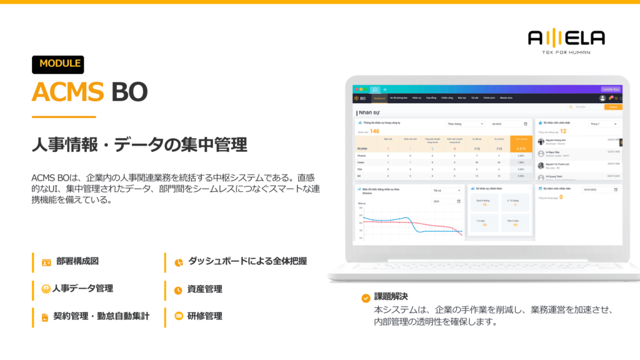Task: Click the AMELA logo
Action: coord(566,39)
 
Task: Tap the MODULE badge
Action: coord(58,64)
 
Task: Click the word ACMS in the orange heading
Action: coord(67,92)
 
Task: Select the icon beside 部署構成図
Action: coord(46,262)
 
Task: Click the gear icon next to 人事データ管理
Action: coord(46,289)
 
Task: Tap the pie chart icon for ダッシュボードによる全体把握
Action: coord(178,262)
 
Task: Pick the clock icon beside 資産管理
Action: coord(178,289)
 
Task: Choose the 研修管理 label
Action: coord(204,316)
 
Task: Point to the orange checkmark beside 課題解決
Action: coord(366,297)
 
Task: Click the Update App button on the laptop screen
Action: coord(610,89)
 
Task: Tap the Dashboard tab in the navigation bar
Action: coord(379,98)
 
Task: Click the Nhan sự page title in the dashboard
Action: coord(370,113)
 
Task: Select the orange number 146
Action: coord(374,131)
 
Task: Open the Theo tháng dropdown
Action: coord(465,124)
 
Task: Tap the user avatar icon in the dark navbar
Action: coord(602,98)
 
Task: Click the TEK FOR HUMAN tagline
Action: coord(566,52)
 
